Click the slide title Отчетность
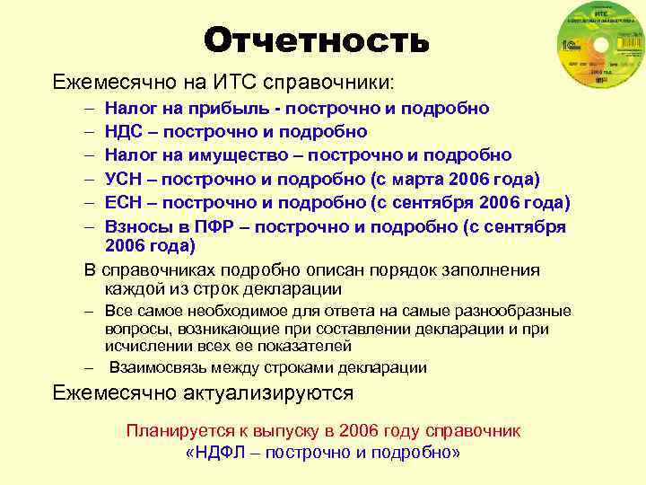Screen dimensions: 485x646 (x=316, y=40)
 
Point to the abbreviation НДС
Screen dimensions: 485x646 (x=126, y=132)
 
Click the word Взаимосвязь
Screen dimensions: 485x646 (x=159, y=367)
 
